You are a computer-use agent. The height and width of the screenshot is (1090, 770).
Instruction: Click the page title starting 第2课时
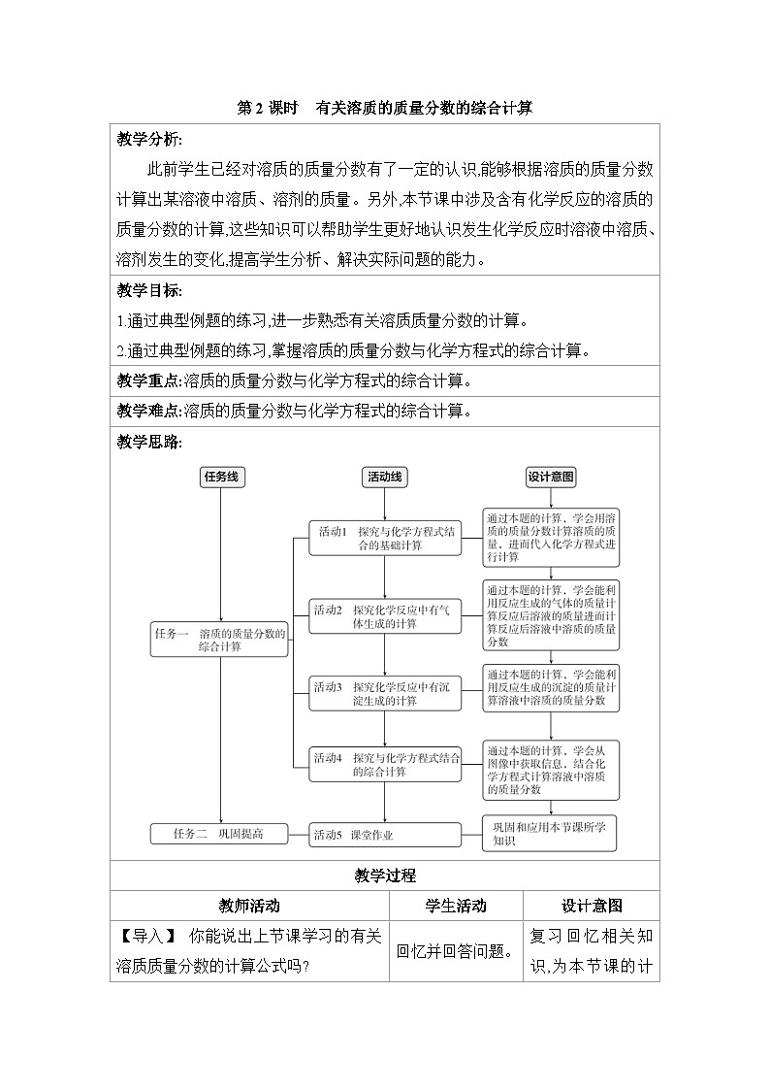385,109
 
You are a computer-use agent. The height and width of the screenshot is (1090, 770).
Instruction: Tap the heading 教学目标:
149,291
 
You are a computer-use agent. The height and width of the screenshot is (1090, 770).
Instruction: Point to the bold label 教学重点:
149,380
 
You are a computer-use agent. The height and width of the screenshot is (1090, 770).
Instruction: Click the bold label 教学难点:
149,411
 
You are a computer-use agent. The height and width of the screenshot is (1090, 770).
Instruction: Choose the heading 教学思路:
149,442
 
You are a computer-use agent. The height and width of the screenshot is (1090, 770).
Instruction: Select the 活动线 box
386,477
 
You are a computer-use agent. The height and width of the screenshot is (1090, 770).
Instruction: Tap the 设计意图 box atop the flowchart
551,477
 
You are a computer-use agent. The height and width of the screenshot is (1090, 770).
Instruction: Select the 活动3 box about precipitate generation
386,693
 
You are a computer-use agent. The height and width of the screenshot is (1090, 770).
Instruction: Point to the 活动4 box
386,764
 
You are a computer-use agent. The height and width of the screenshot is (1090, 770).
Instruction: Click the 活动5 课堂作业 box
386,834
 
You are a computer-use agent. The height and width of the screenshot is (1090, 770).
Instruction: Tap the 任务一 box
220,639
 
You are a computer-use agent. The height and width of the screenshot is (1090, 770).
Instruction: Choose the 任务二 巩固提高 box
220,834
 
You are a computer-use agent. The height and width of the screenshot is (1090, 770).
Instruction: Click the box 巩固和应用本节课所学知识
551,834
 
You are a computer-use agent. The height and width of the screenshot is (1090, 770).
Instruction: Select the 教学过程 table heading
385,875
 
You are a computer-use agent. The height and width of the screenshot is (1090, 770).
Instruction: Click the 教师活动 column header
249,906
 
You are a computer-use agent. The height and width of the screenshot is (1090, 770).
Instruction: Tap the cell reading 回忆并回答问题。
456,950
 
